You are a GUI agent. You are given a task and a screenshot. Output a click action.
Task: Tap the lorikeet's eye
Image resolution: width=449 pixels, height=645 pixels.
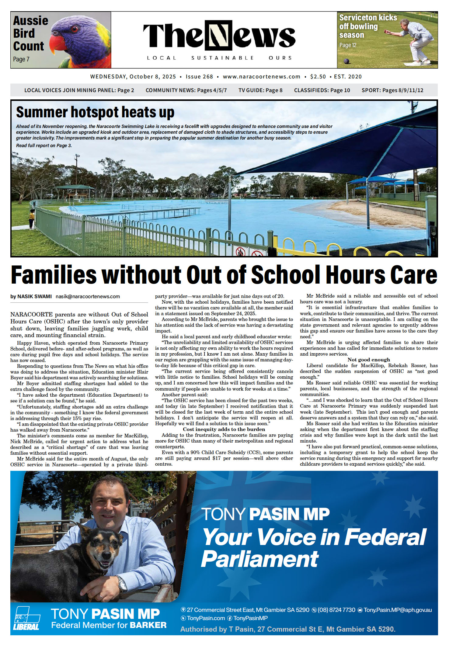click(x=74, y=29)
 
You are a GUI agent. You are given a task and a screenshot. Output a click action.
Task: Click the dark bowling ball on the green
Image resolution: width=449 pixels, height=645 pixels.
click(x=346, y=61)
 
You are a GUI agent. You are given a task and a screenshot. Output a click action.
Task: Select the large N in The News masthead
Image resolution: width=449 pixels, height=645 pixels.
click(x=218, y=35)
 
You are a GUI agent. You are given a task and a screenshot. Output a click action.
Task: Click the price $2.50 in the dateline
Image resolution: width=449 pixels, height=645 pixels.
click(x=318, y=77)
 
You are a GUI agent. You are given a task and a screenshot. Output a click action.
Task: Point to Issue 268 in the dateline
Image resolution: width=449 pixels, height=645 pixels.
click(x=199, y=77)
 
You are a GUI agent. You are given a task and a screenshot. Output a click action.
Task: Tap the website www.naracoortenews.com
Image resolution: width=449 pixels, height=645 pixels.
click(x=262, y=77)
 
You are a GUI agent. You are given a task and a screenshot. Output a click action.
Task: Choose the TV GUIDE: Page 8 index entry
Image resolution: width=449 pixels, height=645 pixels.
click(x=260, y=90)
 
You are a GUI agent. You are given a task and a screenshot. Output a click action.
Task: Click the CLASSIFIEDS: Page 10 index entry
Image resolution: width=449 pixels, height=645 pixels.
click(x=322, y=90)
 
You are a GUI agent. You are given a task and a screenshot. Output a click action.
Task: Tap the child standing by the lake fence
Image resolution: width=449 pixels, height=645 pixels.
click(x=32, y=219)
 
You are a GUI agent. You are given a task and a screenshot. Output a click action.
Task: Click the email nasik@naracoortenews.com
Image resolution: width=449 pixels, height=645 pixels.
click(x=88, y=296)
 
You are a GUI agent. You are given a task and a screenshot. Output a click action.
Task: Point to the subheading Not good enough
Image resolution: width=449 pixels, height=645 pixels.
click(x=369, y=360)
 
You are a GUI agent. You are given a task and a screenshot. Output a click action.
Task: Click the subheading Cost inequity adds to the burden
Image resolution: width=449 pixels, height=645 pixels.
click(x=224, y=429)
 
